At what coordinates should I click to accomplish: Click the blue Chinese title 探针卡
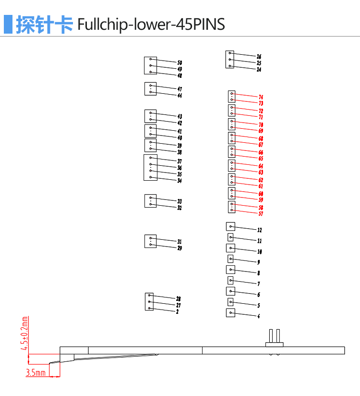45,25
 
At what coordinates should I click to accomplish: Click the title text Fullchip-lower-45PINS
151,25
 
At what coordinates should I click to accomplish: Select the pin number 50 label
180,62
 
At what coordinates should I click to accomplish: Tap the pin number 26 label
259,57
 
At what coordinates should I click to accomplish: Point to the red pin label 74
261,97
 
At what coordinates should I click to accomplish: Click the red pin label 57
261,214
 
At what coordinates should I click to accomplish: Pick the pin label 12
260,230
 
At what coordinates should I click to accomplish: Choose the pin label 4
259,316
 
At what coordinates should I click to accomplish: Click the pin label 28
179,299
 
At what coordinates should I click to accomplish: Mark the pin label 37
180,161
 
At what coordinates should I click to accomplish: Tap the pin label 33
180,201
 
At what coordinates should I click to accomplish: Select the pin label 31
180,242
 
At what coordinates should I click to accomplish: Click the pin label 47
180,89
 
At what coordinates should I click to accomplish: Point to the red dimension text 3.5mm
36,372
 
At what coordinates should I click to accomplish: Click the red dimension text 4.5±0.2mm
24,333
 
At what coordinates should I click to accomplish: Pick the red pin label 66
261,152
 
